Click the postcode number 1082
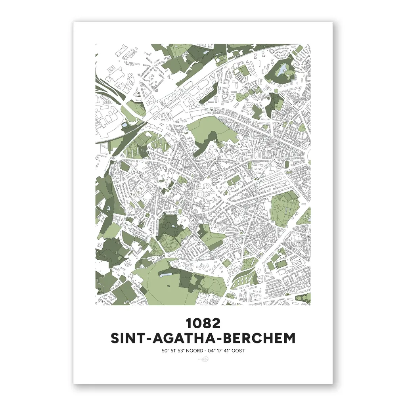(x=203, y=323)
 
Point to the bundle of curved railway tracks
(x=104, y=91)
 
